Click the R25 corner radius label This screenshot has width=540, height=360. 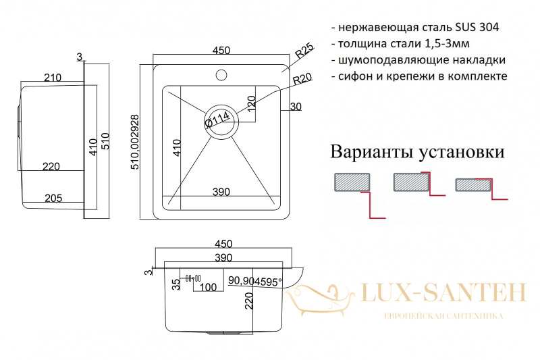coord(304,50)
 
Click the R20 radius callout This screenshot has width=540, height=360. coord(302,79)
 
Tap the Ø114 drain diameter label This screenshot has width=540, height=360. coord(217,119)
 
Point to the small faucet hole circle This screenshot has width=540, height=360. coord(221,75)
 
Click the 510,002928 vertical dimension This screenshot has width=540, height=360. coord(135,142)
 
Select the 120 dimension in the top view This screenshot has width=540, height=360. coord(251,103)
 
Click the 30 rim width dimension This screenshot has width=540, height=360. coord(296,107)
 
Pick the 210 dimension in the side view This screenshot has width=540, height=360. coord(53,78)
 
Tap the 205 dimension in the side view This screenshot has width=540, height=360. coord(53,198)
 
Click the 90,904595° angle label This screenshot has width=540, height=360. coord(255,282)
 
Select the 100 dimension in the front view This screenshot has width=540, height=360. coord(208,287)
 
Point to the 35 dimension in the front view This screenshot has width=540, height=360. coord(176,284)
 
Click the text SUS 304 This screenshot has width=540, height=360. coord(477,27)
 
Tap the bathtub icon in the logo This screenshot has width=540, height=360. coord(319,299)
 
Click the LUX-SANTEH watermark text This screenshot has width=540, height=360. coord(443,293)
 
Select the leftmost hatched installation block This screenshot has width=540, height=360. coord(352,182)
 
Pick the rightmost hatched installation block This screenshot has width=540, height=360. coord(473,185)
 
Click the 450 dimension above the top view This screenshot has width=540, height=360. coord(221,50)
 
